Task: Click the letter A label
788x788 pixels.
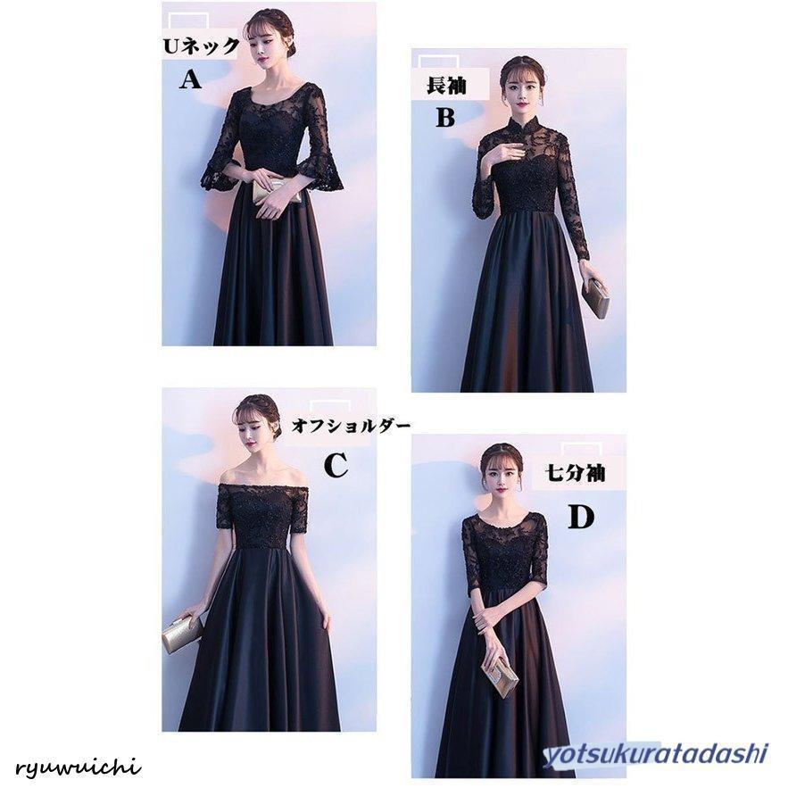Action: (x=190, y=79)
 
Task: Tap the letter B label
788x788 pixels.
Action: (x=445, y=117)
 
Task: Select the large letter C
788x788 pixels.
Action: (x=336, y=465)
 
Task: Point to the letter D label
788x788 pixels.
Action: (x=580, y=517)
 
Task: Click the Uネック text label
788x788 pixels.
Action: (x=201, y=46)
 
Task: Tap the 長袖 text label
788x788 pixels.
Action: (x=446, y=86)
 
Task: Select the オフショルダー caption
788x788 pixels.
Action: (x=351, y=427)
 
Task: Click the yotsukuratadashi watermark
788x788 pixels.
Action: (x=656, y=754)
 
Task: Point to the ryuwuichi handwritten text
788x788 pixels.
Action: (x=78, y=767)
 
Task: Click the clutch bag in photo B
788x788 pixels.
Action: (x=596, y=299)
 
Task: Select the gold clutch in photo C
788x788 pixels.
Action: (x=182, y=635)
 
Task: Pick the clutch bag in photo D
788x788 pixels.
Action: (x=500, y=679)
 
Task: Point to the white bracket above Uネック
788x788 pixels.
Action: (x=188, y=21)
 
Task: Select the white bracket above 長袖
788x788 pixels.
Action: (x=439, y=62)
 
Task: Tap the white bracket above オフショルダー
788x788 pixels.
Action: (x=330, y=407)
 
